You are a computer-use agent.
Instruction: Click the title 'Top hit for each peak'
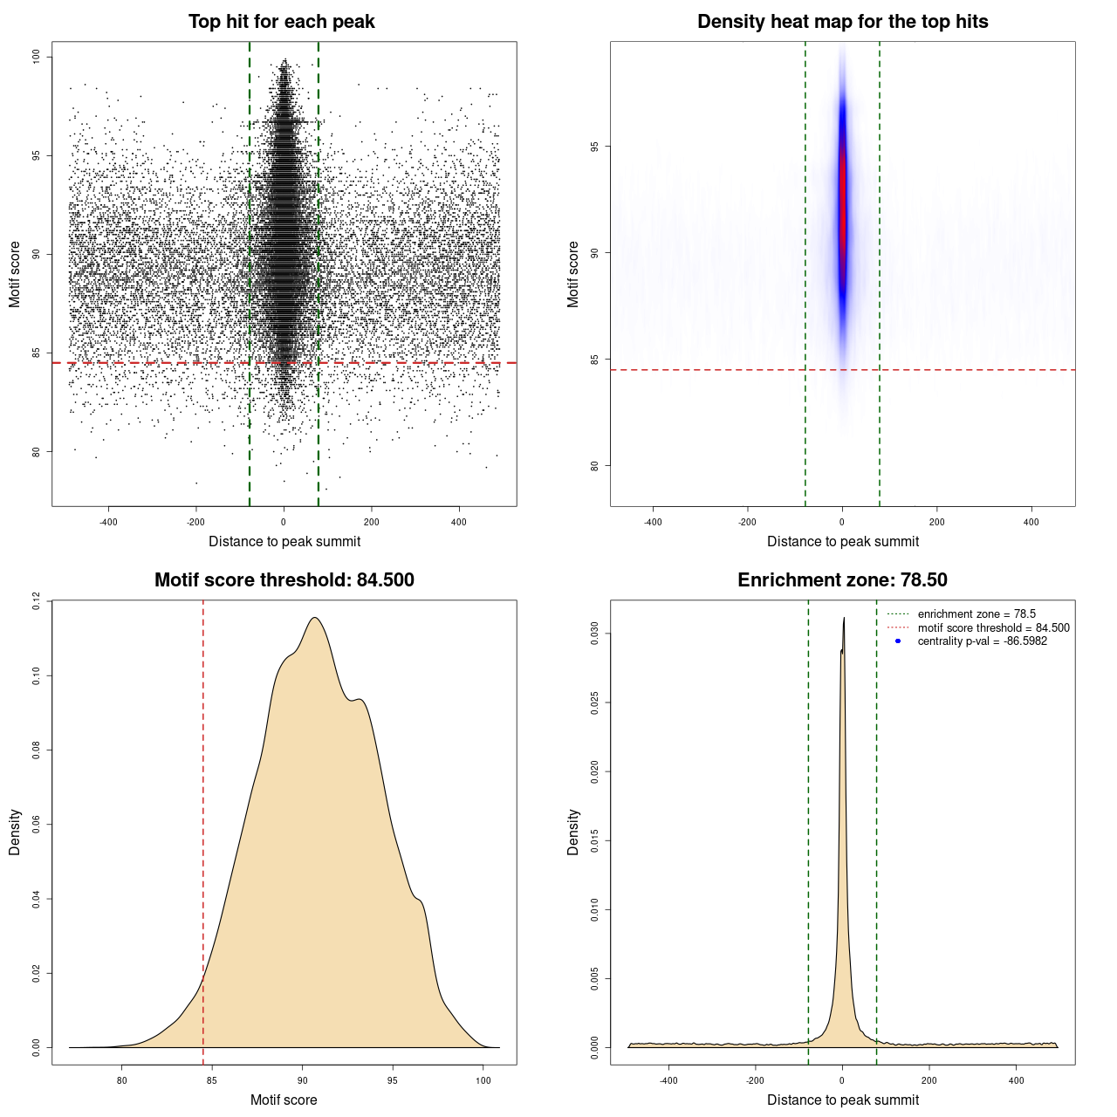click(x=281, y=22)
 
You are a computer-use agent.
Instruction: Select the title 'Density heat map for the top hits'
click(x=842, y=22)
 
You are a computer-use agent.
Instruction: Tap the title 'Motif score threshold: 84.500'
click(x=284, y=580)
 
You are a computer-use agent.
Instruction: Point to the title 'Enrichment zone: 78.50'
click(x=842, y=580)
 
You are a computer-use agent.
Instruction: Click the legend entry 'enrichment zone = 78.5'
click(x=977, y=614)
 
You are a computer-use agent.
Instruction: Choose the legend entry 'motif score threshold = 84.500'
click(x=993, y=628)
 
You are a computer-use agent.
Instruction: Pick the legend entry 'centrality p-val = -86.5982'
click(x=982, y=641)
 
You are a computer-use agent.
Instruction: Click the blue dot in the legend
click(x=898, y=641)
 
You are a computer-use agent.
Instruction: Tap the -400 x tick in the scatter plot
click(x=108, y=522)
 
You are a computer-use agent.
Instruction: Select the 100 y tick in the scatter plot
click(x=37, y=57)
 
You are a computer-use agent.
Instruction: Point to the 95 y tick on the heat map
click(x=595, y=147)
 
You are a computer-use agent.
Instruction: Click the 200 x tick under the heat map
click(x=936, y=522)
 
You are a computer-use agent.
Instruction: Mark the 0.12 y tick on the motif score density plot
click(x=37, y=600)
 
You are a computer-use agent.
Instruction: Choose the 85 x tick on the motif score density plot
click(x=212, y=1080)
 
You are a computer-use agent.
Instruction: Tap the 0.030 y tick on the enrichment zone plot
click(x=595, y=634)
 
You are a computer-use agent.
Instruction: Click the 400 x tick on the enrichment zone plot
click(x=1016, y=1080)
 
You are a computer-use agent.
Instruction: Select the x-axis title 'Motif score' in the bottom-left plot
click(x=284, y=1100)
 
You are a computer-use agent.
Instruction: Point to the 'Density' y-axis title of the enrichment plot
click(x=573, y=832)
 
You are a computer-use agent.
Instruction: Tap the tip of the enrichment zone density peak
click(x=844, y=619)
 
